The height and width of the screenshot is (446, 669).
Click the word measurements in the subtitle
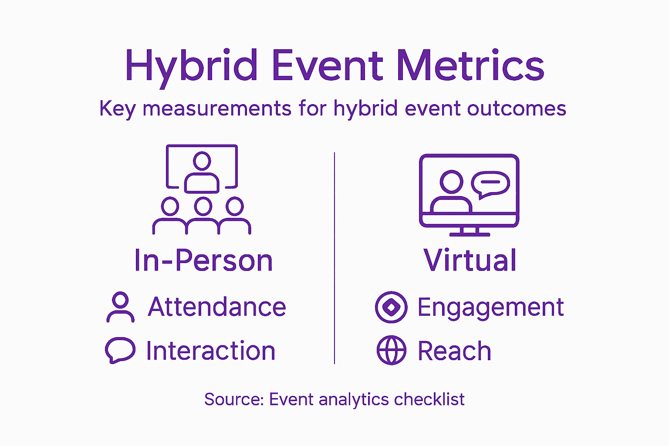(217, 108)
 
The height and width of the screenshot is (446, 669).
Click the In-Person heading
(203, 260)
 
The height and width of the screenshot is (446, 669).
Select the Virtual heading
(470, 260)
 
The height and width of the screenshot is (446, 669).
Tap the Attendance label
(217, 307)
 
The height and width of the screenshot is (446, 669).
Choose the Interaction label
(211, 351)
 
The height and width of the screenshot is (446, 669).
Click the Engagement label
(490, 307)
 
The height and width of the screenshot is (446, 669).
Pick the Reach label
(454, 351)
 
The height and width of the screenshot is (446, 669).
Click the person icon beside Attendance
(120, 307)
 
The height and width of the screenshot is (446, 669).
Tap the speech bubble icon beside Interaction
(120, 350)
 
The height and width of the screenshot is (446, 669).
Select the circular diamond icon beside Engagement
(391, 307)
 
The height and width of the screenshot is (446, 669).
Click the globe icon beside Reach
(391, 350)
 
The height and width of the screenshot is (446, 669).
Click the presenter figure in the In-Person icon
(202, 172)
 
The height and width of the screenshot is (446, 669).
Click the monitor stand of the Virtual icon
(470, 232)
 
